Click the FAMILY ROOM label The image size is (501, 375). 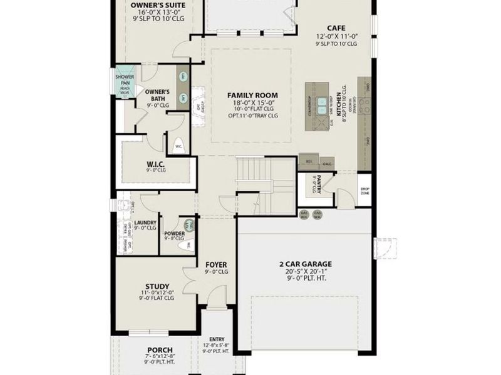pos(252,96)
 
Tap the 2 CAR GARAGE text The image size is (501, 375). pos(305,264)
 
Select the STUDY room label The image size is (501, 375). pos(157,287)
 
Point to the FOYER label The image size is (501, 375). pos(216,264)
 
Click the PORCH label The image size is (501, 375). pos(160,349)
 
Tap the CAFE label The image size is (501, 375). pos(336,27)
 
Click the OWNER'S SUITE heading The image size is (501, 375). pos(158,4)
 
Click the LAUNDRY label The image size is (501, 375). pos(145,222)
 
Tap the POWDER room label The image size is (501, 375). pos(174,234)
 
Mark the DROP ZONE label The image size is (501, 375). pos(364,191)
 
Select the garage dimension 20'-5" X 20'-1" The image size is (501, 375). pos(305,272)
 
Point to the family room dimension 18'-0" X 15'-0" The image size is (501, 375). pos(252,103)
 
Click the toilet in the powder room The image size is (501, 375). pos(184,246)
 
